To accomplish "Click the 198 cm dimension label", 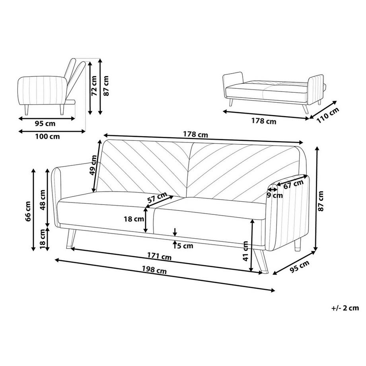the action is pyautogui.click(x=154, y=270).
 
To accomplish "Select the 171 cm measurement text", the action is pyautogui.click(x=159, y=256).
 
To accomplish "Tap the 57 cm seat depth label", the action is pyautogui.click(x=157, y=197).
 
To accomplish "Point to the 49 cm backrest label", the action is pyautogui.click(x=93, y=165).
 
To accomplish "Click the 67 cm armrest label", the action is pyautogui.click(x=294, y=184).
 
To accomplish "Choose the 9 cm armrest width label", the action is pyautogui.click(x=275, y=195).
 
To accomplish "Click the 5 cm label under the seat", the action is pyautogui.click(x=185, y=246).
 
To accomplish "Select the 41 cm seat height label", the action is pyautogui.click(x=245, y=251).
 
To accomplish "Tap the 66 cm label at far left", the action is pyautogui.click(x=28, y=211).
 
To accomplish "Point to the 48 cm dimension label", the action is pyautogui.click(x=43, y=200).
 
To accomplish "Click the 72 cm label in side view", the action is pyautogui.click(x=94, y=86).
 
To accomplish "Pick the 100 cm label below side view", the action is pyautogui.click(x=47, y=136).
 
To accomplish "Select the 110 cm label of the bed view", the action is pyautogui.click(x=328, y=115).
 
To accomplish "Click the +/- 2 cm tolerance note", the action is pyautogui.click(x=345, y=308).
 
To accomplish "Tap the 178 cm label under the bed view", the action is pyautogui.click(x=264, y=121).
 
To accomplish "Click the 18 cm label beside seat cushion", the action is pyautogui.click(x=134, y=219).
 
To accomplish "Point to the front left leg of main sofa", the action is pyautogui.click(x=70, y=238).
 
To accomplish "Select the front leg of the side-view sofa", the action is pyautogui.click(x=26, y=110).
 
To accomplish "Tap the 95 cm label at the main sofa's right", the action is pyautogui.click(x=300, y=267).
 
